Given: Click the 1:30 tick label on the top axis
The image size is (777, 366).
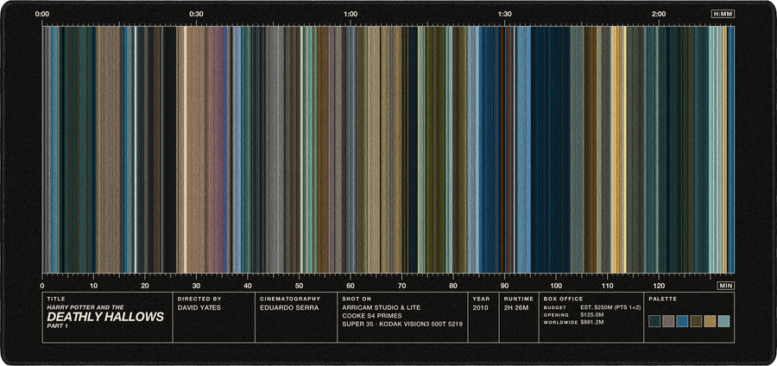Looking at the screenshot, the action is pyautogui.click(x=504, y=15).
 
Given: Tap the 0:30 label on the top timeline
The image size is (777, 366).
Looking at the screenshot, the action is pyautogui.click(x=196, y=15).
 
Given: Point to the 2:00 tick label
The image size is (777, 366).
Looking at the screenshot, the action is pyautogui.click(x=659, y=15).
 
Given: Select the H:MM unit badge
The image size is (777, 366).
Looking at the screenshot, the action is pyautogui.click(x=723, y=15).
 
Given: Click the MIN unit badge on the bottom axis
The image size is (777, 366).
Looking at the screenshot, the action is pyautogui.click(x=725, y=286).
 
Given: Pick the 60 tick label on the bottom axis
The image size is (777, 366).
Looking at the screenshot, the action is pyautogui.click(x=351, y=286).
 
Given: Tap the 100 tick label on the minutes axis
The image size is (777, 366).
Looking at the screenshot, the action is pyautogui.click(x=556, y=286).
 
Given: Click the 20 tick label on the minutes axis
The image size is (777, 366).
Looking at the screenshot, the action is pyautogui.click(x=145, y=286).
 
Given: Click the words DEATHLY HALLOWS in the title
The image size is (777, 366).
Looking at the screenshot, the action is pyautogui.click(x=105, y=318).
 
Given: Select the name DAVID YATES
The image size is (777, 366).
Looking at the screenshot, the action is pyautogui.click(x=199, y=307).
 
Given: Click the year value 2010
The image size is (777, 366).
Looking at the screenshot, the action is pyautogui.click(x=481, y=307).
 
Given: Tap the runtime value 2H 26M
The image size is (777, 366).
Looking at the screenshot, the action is pyautogui.click(x=516, y=307).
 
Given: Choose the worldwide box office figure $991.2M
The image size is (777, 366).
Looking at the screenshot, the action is pyautogui.click(x=591, y=323).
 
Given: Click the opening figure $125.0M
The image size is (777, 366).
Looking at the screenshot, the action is pyautogui.click(x=591, y=315).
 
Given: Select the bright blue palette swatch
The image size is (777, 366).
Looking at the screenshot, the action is pyautogui.click(x=682, y=321).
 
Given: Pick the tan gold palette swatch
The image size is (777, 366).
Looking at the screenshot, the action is pyautogui.click(x=711, y=321).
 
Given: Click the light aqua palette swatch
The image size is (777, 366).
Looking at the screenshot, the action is pyautogui.click(x=724, y=321).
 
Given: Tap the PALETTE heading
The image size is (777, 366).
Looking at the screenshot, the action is pyautogui.click(x=662, y=300).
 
